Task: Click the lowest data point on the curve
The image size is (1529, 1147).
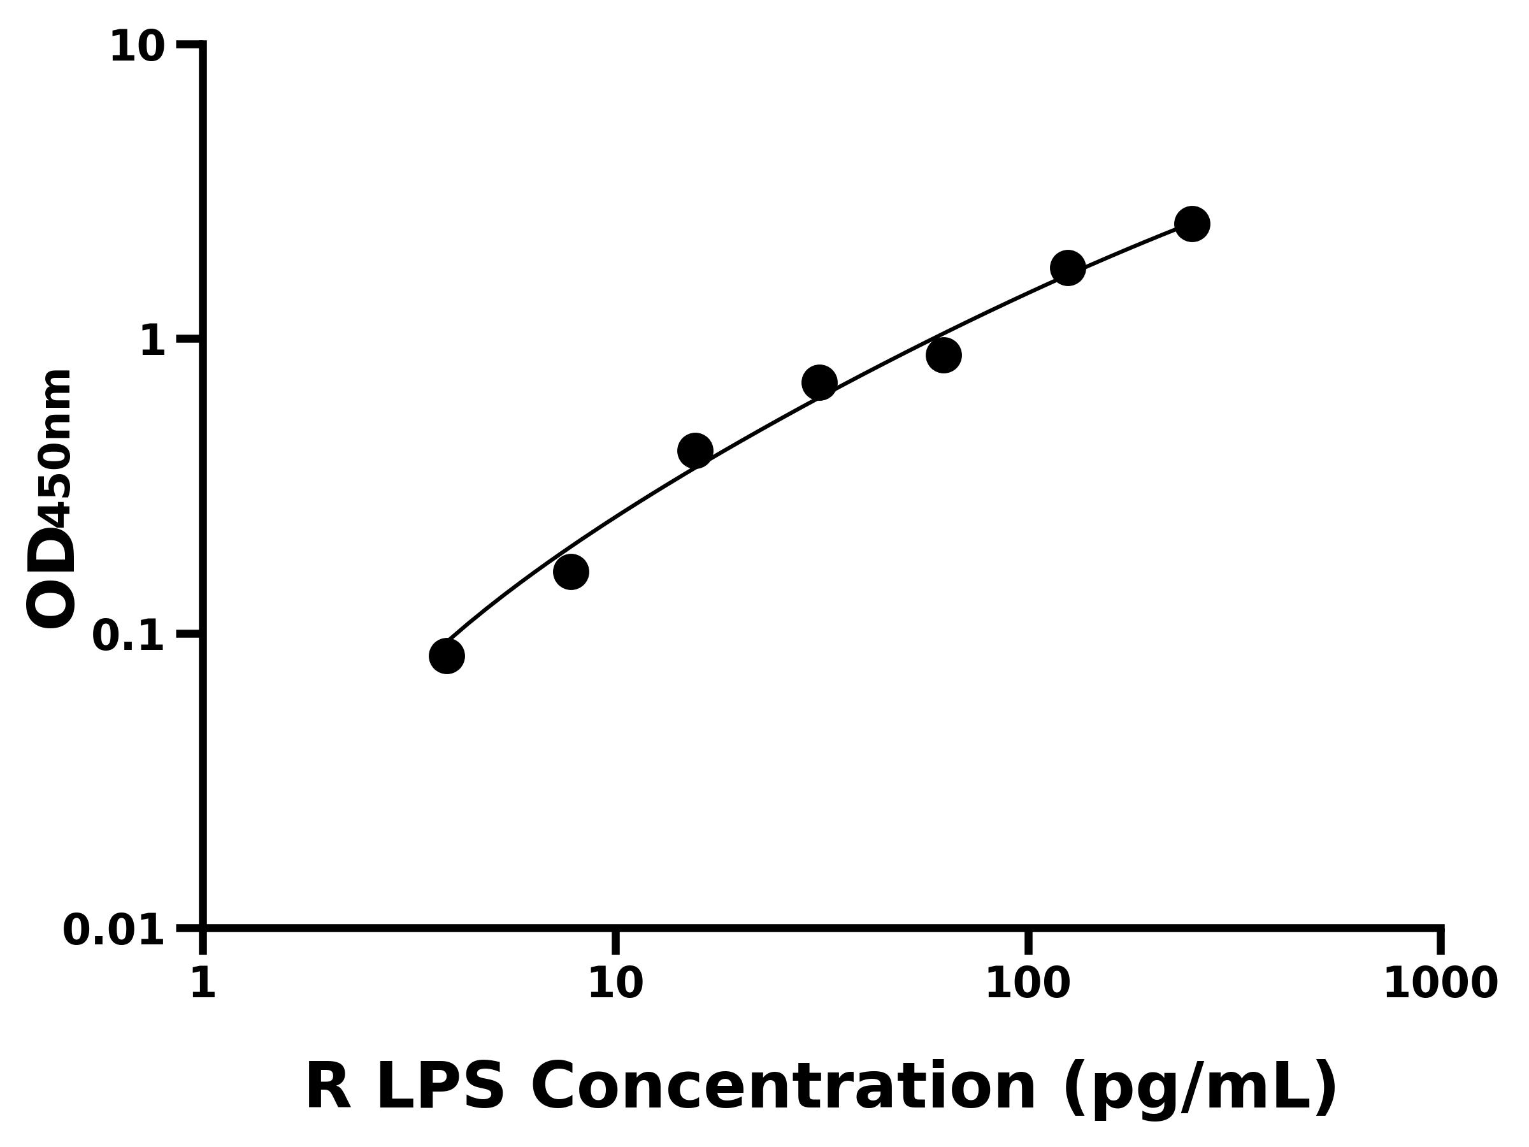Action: click(447, 656)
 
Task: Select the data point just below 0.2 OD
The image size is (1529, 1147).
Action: click(571, 572)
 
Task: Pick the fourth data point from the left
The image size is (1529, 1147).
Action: click(820, 382)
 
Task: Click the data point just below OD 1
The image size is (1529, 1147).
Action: click(944, 356)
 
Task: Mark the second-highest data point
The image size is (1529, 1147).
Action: click(1068, 268)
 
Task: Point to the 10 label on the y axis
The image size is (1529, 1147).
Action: click(138, 48)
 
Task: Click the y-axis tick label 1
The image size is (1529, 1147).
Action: click(153, 342)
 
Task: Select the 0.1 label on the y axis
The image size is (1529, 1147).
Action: click(129, 636)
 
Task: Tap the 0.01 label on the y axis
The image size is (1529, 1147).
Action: click(114, 930)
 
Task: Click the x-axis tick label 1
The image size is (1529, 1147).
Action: click(203, 983)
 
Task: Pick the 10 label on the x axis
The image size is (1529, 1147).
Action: click(616, 983)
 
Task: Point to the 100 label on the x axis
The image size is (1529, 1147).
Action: click(1028, 983)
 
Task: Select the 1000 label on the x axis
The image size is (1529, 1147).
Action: click(1440, 983)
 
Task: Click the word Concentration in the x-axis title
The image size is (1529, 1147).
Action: click(784, 1086)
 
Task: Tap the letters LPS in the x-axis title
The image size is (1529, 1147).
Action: click(440, 1086)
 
